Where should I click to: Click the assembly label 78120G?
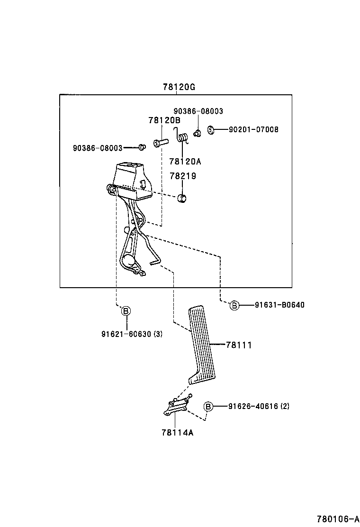(179, 87)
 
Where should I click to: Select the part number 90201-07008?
(253, 129)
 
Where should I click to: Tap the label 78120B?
(164, 120)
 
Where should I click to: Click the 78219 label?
(183, 176)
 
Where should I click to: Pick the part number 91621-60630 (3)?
(132, 334)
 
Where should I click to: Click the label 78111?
(238, 345)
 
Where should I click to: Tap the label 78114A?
(177, 432)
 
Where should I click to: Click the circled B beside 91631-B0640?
(234, 305)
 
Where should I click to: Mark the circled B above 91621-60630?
(126, 311)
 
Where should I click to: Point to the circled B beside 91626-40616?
(208, 406)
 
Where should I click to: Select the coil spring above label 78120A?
(184, 138)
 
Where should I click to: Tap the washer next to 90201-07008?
(212, 129)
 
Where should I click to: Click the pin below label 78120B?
(161, 142)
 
